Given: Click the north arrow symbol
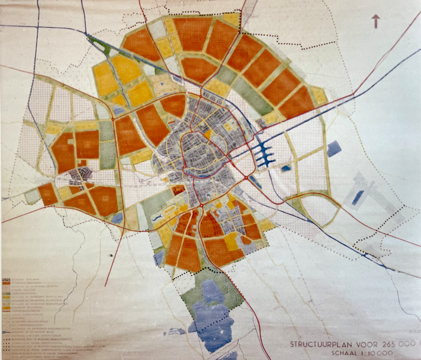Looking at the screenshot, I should [376, 21].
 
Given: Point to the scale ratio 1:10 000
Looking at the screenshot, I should [378, 353].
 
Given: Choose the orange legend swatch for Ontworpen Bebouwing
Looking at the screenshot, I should [6, 283].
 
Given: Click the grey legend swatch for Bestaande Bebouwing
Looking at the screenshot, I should [6, 280].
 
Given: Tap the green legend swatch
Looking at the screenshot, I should [6, 294].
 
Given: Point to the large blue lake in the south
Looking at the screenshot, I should [213, 313].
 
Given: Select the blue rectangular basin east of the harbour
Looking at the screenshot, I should [333, 148].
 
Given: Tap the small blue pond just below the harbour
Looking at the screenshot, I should [286, 168].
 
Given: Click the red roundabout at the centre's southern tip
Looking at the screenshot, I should [202, 206].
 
